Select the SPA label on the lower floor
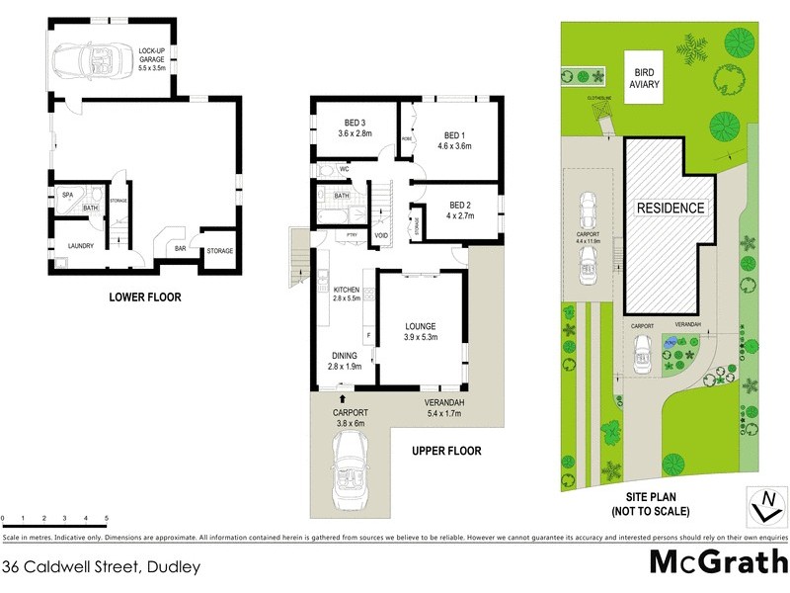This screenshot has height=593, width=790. click(67, 195)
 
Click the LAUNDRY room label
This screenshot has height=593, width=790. click(80, 246)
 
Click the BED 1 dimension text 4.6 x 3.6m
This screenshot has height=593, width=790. click(452, 145)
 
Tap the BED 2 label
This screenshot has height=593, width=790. click(460, 205)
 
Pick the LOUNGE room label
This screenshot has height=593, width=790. click(420, 325)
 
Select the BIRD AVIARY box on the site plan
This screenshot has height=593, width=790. click(647, 78)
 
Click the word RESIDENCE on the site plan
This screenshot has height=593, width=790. click(671, 208)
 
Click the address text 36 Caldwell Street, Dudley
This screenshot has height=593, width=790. click(102, 566)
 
